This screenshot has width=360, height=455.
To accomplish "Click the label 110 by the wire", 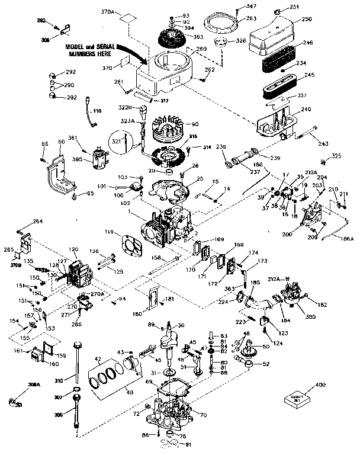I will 97,110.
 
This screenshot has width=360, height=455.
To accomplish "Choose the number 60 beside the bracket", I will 61,142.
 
